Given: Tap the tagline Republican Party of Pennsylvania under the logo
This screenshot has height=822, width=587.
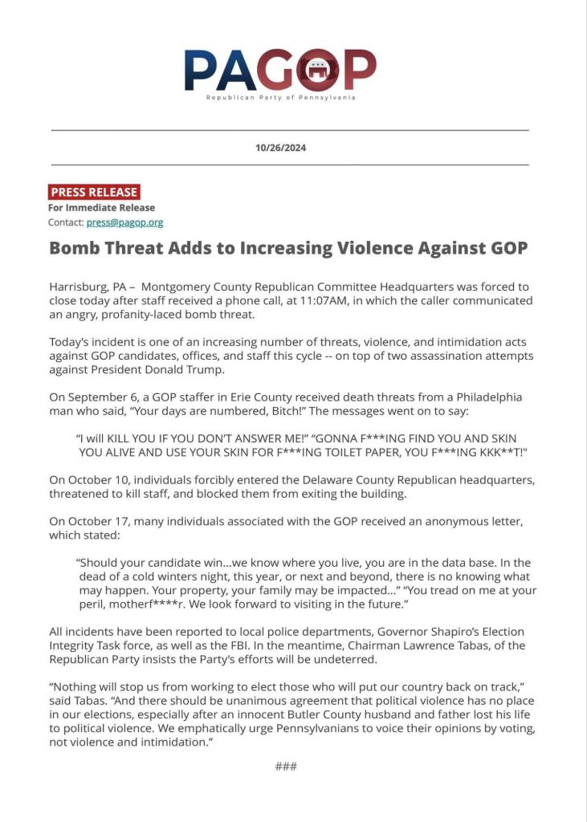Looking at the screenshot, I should (280, 97).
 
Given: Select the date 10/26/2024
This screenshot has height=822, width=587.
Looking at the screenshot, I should (280, 148).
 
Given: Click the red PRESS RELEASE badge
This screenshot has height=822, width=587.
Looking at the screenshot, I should (94, 192).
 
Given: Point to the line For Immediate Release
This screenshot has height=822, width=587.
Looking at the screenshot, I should (101, 208).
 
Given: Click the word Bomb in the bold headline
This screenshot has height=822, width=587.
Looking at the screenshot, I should (74, 248).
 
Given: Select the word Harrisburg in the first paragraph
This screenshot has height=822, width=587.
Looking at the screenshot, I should (79, 287).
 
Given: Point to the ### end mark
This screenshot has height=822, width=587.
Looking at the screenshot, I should (286, 767).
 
